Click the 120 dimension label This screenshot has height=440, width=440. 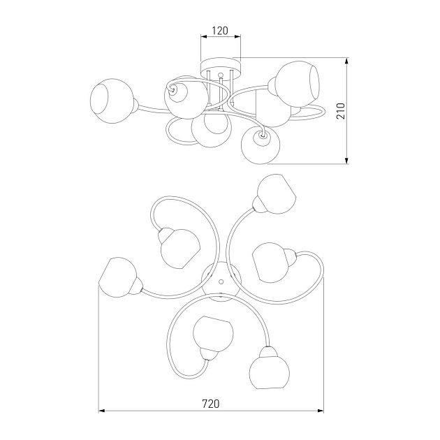point(220,31)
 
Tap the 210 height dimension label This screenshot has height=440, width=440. point(341,111)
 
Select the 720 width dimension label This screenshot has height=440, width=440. point(211,404)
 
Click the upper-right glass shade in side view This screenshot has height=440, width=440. point(296,81)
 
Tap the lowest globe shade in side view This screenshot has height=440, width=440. point(261,145)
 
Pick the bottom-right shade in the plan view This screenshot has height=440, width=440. point(269,368)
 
